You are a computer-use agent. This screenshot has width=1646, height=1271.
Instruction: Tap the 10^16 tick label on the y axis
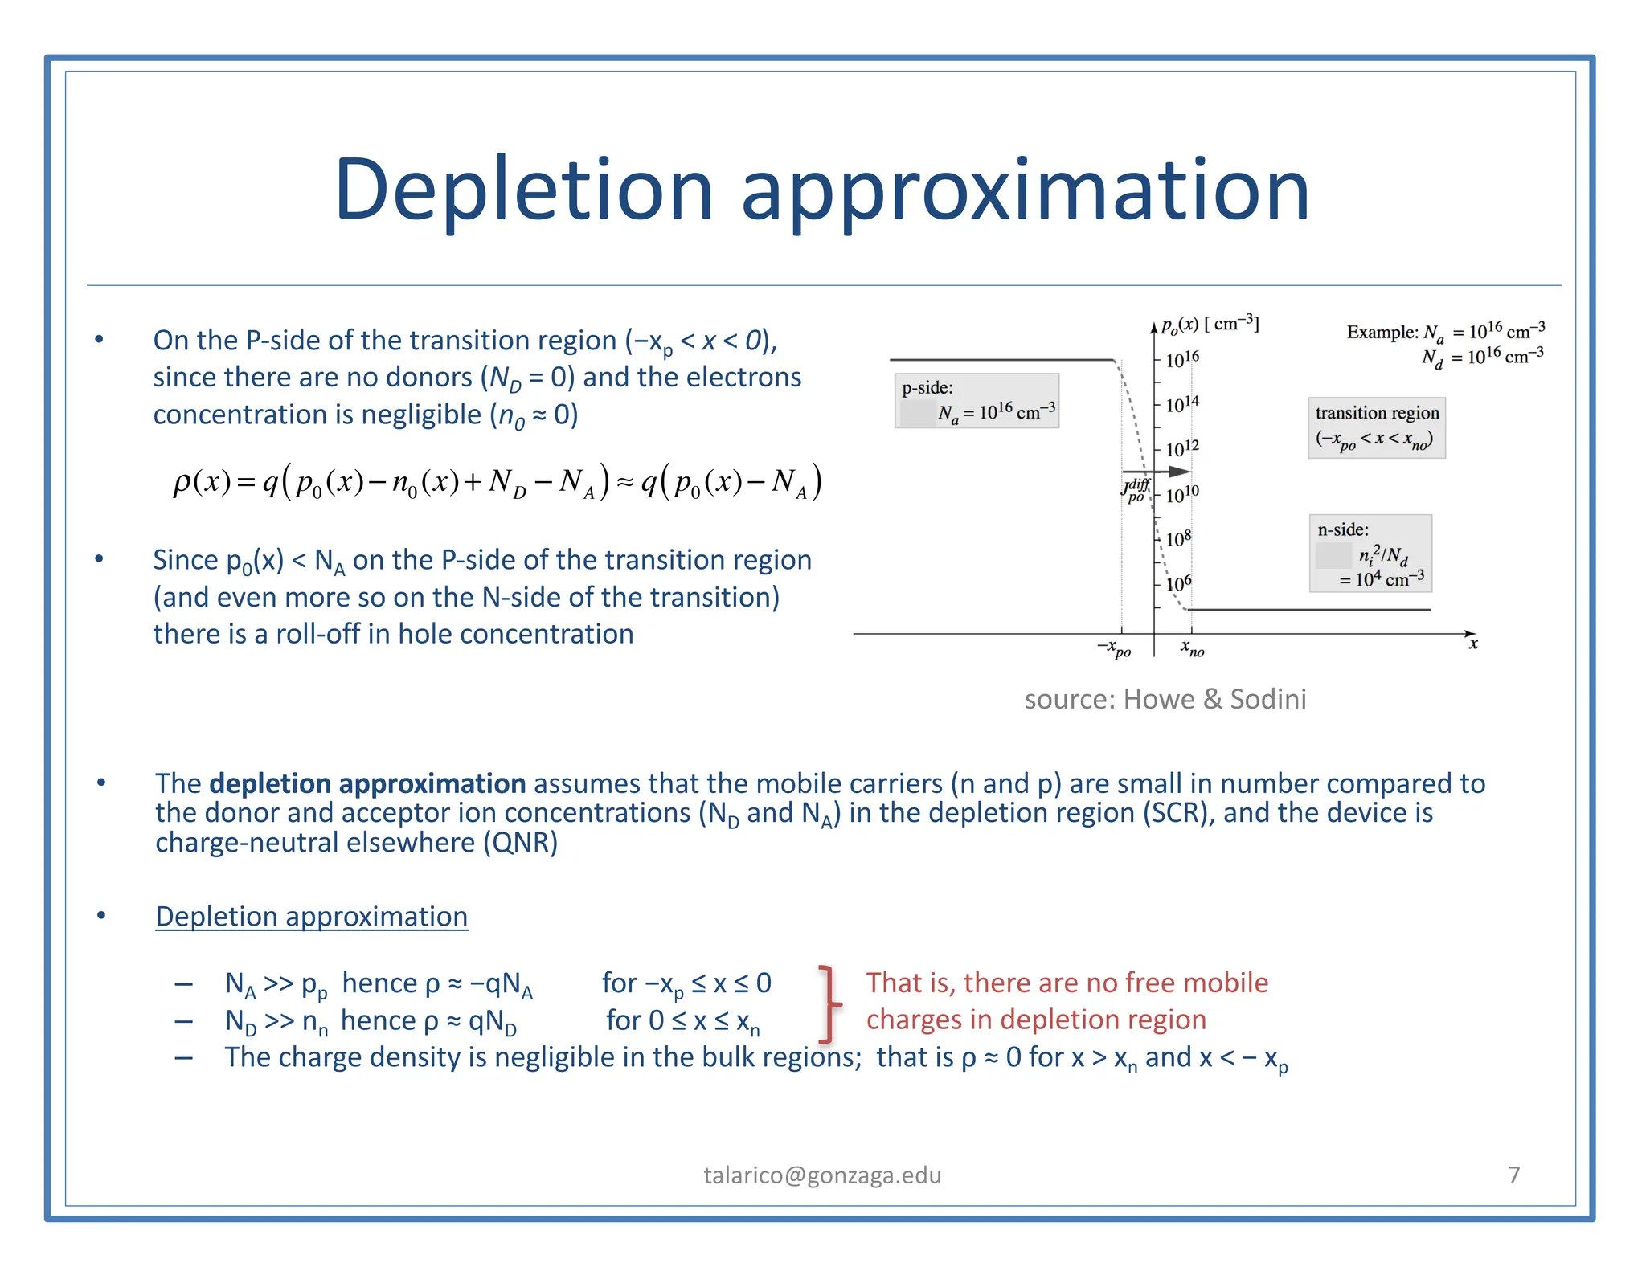coord(1182,358)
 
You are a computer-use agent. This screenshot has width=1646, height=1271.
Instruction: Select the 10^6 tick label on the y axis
coord(1179,583)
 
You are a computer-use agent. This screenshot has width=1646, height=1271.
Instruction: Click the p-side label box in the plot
coord(977,401)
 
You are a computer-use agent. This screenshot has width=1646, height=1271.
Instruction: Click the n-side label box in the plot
coord(1370,554)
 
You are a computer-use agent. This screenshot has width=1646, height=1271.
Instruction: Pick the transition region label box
coord(1376,427)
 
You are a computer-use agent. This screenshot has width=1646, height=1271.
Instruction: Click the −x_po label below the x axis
coord(1115,648)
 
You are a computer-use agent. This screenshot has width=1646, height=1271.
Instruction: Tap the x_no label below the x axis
coord(1193,648)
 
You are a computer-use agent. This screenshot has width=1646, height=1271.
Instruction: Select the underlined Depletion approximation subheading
coord(311,917)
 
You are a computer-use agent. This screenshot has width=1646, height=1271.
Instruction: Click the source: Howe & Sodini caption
coord(1165,699)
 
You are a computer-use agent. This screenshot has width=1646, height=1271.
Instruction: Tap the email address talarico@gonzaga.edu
coord(822,1175)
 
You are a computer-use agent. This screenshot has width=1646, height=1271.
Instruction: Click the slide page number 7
coord(1514,1175)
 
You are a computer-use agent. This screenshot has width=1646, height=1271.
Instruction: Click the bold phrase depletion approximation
coord(367,783)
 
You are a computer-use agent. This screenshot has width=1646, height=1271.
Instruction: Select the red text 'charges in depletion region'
coord(1036,1020)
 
